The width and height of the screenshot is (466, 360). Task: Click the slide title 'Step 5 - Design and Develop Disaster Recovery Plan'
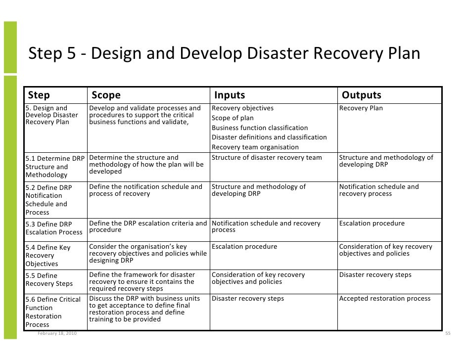pyautogui.click(x=224, y=53)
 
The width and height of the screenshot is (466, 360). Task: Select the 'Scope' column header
pyautogui.click(x=106, y=95)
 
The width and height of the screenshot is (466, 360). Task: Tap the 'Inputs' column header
pyautogui.click(x=229, y=95)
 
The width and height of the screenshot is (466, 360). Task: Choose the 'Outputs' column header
pyautogui.click(x=362, y=95)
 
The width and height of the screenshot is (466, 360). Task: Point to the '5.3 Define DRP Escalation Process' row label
pyautogui.click(x=54, y=228)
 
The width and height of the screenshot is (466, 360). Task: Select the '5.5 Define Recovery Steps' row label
pyautogui.click(x=49, y=279)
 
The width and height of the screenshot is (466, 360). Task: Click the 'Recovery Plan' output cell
pyautogui.click(x=361, y=108)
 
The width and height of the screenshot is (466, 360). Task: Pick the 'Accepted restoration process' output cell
pyautogui.click(x=385, y=299)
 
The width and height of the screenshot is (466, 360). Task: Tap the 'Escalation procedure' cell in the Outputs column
pyautogui.click(x=372, y=224)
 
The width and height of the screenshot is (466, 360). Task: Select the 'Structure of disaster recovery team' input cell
pyautogui.click(x=267, y=158)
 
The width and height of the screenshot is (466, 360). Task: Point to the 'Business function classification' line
pyautogui.click(x=260, y=128)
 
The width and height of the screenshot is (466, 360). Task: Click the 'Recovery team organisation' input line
pyautogui.click(x=255, y=147)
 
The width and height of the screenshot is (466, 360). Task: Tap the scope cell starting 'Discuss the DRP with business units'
pyautogui.click(x=145, y=309)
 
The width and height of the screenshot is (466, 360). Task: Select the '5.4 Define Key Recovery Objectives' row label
pyautogui.click(x=48, y=255)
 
